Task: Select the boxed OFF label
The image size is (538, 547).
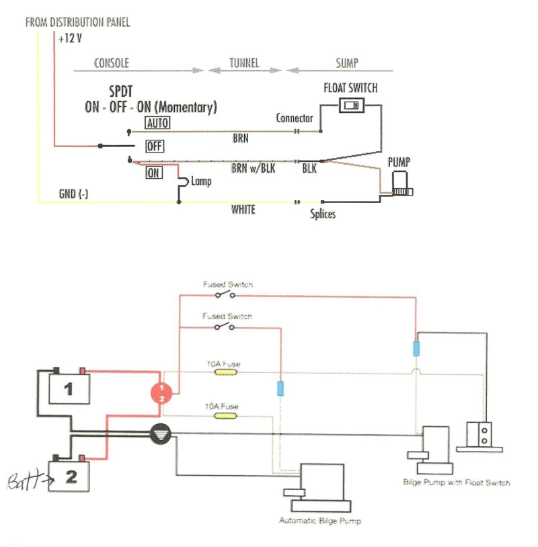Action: [x=155, y=146]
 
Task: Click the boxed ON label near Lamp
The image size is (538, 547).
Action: [x=154, y=173]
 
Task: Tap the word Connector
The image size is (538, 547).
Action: [x=295, y=118]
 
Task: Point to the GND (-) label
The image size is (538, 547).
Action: [x=73, y=194]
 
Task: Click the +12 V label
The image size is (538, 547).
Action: [x=70, y=38]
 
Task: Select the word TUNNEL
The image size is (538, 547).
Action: [x=245, y=63]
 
